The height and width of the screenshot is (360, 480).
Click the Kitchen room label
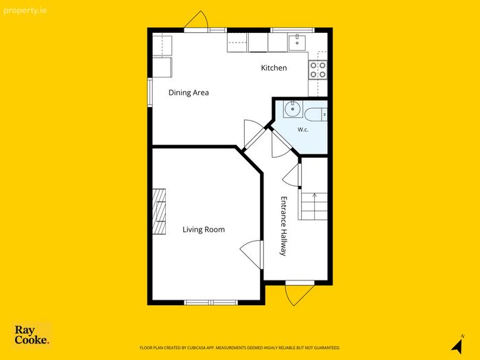point(274,68)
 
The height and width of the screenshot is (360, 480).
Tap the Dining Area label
point(189,93)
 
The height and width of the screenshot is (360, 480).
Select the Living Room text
point(204,230)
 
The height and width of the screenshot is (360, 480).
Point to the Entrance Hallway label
point(284,226)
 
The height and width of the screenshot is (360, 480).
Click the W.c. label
point(303,130)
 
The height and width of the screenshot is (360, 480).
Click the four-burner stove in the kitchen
point(317,70)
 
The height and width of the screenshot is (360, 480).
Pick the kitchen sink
point(297,43)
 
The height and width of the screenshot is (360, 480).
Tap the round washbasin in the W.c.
point(293,109)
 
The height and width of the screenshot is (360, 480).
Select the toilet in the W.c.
point(315,115)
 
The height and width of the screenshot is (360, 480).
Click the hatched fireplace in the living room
point(159,211)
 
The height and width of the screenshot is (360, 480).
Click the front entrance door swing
point(296,295)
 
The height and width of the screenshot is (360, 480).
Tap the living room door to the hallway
point(251,254)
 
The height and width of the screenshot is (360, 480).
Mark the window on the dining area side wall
point(149,93)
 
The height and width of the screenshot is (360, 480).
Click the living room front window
point(211,302)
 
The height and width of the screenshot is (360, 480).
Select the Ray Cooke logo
point(32,335)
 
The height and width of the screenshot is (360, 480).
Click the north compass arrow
point(457,344)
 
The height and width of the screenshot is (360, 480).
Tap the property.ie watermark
point(25,11)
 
